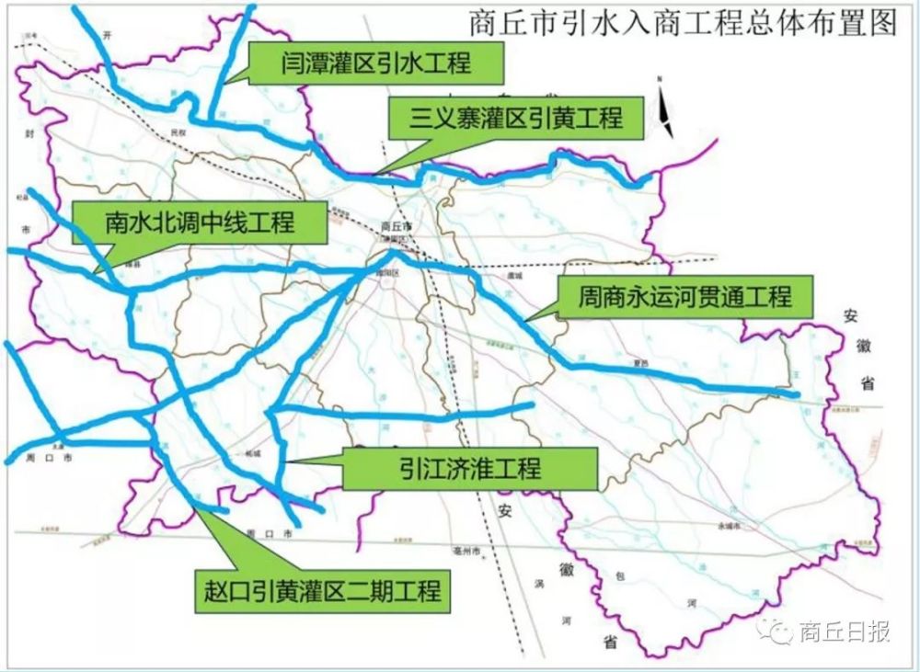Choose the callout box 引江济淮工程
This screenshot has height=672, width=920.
point(469,469)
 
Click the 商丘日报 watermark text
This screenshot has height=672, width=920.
point(845,632)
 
